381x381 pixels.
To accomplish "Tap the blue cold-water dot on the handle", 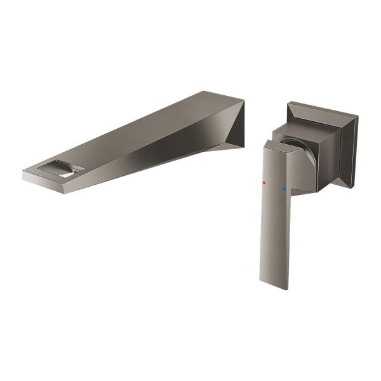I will tap(284, 189).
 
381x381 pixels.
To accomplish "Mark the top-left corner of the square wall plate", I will tap(288, 102).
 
